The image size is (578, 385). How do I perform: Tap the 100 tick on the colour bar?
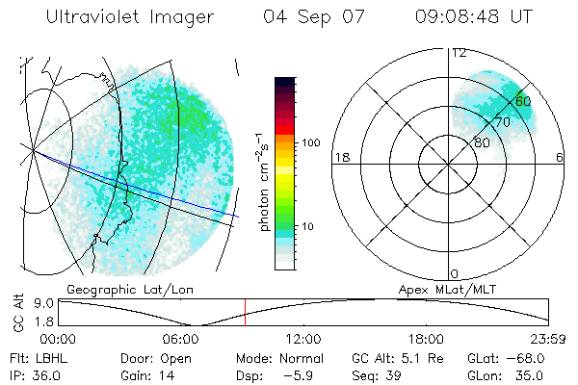click(312, 142)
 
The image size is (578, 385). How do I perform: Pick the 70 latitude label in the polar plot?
click(502, 122)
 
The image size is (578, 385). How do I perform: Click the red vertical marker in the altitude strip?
click(245, 312)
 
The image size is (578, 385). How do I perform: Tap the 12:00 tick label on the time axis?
click(303, 339)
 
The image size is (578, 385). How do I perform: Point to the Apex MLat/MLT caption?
click(449, 289)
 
